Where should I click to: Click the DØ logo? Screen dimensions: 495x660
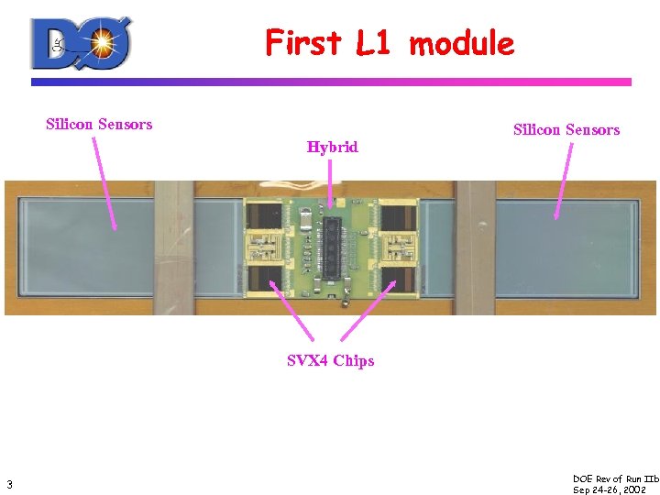point(82,43)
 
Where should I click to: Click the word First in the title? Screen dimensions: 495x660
point(302,42)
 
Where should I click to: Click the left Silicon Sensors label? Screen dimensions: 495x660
point(99,124)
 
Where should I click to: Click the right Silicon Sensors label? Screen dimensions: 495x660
point(566,130)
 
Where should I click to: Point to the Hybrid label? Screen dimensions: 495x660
point(332,147)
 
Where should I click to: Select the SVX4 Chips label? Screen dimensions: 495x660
point(330,360)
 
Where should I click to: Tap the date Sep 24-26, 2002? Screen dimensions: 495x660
point(610,489)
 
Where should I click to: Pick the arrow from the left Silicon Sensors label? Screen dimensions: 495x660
point(104,183)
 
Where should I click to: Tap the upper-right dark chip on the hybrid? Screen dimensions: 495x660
point(396,217)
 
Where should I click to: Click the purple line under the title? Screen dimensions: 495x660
point(331,82)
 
